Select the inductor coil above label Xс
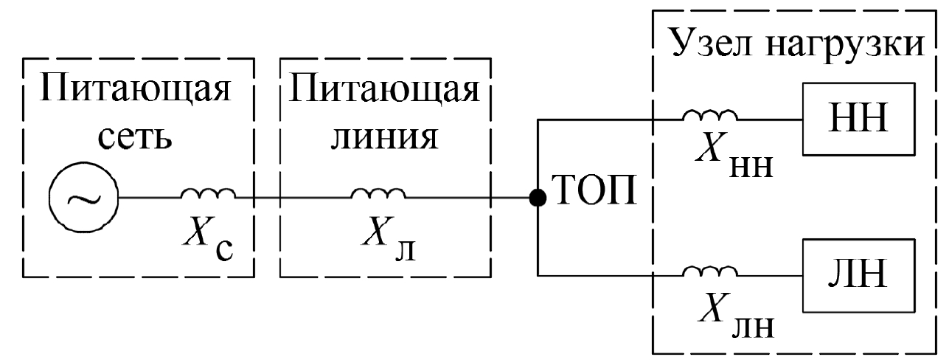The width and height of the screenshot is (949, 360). (208, 193)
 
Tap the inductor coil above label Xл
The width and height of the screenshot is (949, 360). (378, 193)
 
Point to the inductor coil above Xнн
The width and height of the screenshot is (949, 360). (709, 114)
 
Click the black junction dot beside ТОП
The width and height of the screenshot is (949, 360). (539, 198)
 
